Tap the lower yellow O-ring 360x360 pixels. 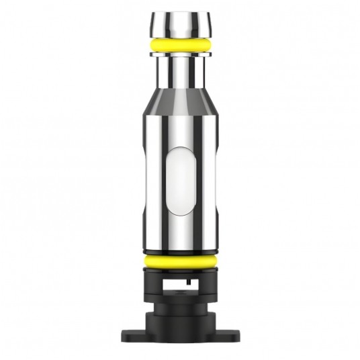coord(179,261)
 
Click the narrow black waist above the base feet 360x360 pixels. coord(179,311)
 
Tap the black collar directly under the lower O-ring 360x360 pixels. coord(179,271)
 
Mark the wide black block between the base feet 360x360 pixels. coord(179,329)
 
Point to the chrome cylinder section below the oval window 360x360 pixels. coord(179,232)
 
